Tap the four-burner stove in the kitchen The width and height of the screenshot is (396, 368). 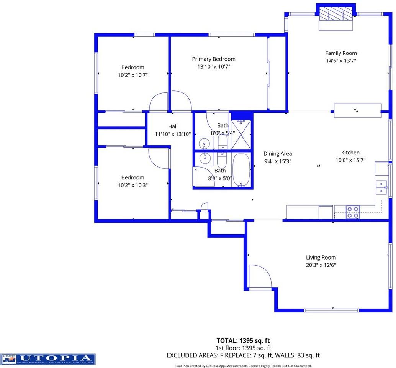(353, 212)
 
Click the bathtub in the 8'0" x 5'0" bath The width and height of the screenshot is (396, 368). (241, 170)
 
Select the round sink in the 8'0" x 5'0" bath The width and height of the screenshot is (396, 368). (206, 158)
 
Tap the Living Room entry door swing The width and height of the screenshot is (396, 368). (260, 276)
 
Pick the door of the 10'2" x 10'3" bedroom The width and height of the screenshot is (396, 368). (159, 158)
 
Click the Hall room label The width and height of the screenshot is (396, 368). (173, 127)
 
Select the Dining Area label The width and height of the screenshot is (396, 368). (278, 154)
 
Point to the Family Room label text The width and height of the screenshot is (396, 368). (341, 53)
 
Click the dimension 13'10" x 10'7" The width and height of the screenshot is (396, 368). (214, 66)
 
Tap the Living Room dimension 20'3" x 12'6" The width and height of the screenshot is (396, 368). (321, 265)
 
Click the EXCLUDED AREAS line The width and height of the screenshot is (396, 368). (243, 355)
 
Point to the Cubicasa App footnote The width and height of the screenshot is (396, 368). (243, 366)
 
